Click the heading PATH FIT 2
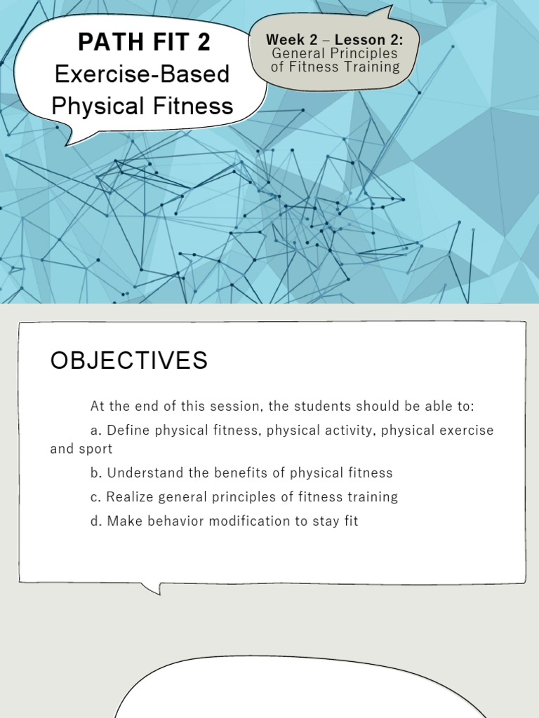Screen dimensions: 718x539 point(144,43)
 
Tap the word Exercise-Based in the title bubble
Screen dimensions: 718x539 point(142,74)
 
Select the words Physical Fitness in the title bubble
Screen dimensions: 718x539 point(142,106)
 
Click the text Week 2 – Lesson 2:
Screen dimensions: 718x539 point(335,40)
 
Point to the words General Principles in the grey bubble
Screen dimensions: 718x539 point(335,53)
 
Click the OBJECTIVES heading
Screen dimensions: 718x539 point(129,360)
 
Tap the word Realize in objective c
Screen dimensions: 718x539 point(127,497)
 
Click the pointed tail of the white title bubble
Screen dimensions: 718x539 point(72,138)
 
